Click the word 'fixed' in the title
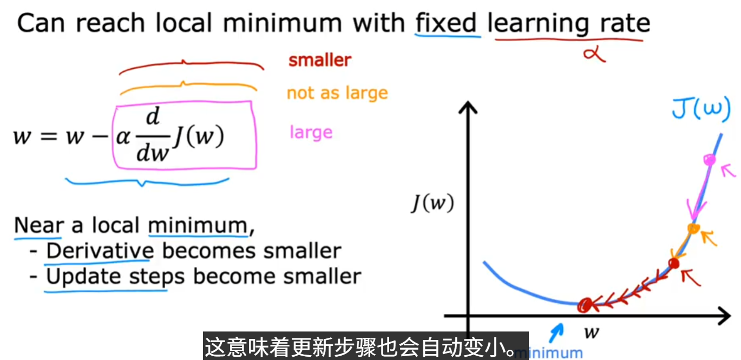pyautogui.click(x=445, y=23)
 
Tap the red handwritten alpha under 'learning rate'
pyautogui.click(x=594, y=54)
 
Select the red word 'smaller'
pyautogui.click(x=319, y=60)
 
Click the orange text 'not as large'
pyautogui.click(x=337, y=93)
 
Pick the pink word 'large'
pyautogui.click(x=311, y=132)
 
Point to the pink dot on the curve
pyautogui.click(x=710, y=160)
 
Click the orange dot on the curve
pyautogui.click(x=693, y=228)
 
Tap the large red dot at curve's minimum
pyautogui.click(x=585, y=305)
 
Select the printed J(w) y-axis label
pyautogui.click(x=432, y=202)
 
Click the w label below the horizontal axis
pyautogui.click(x=592, y=332)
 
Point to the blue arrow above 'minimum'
pyautogui.click(x=556, y=332)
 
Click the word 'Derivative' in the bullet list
pyautogui.click(x=100, y=251)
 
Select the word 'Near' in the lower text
pyautogui.click(x=39, y=225)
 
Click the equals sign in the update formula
pyautogui.click(x=49, y=136)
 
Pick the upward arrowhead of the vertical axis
pyautogui.click(x=468, y=107)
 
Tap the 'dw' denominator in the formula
pyautogui.click(x=153, y=153)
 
